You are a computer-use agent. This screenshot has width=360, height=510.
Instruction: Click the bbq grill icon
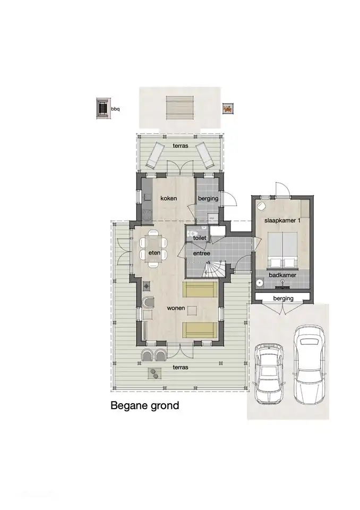(x=102, y=108)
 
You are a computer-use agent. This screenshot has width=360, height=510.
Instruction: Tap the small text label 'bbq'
(x=116, y=109)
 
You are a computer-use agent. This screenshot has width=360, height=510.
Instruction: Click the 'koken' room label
(x=168, y=198)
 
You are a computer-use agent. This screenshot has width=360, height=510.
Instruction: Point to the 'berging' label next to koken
(x=209, y=198)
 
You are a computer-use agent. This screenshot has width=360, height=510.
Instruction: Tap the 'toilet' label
(x=200, y=239)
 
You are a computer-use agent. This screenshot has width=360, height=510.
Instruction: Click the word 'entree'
(x=201, y=253)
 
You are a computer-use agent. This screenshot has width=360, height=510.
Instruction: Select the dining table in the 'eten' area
(x=153, y=247)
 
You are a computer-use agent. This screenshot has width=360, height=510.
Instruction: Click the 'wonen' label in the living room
(x=176, y=308)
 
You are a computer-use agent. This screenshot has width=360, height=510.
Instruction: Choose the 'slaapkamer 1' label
(x=282, y=220)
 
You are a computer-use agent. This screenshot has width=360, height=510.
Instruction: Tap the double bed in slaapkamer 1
(x=282, y=249)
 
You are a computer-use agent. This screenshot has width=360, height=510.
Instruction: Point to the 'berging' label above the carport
(x=283, y=299)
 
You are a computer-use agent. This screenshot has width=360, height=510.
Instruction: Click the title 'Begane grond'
(x=144, y=406)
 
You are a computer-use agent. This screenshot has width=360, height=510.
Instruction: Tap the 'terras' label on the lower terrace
(x=181, y=367)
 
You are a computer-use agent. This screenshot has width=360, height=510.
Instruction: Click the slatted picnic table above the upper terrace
(x=179, y=108)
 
